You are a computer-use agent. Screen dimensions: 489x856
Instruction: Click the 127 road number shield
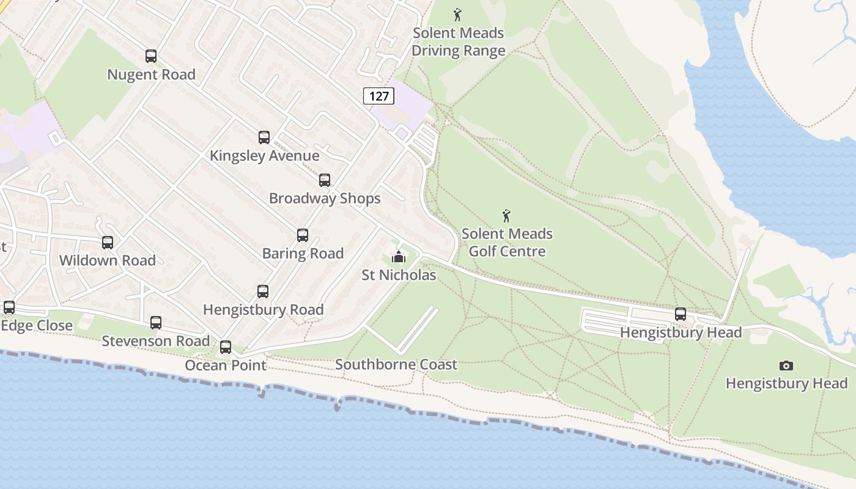[x=379, y=96]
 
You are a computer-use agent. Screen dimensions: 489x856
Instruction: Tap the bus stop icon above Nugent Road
[x=151, y=56]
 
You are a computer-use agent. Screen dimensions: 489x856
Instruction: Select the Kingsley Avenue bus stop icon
[x=264, y=138]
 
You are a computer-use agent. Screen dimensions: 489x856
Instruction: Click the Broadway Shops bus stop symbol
[x=325, y=180]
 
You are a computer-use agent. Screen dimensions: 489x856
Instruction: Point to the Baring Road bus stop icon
[x=303, y=235]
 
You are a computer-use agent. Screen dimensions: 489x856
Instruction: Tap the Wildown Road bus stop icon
[x=108, y=243]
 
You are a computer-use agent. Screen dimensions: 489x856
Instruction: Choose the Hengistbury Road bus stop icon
[x=263, y=292]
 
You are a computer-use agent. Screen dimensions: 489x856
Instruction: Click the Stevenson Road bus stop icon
[x=156, y=323]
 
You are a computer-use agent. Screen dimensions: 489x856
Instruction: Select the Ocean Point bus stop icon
[x=226, y=347]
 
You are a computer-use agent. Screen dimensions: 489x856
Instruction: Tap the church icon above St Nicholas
[x=399, y=257]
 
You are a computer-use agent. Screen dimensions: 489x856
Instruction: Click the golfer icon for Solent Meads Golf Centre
[x=506, y=216]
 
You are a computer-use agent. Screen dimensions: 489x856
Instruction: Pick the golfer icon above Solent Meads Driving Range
[x=457, y=15]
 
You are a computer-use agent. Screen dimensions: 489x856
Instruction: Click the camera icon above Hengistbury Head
[x=786, y=366]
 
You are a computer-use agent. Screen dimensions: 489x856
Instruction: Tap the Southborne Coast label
[x=396, y=365]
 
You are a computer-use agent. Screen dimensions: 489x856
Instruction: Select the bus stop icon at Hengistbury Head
[x=681, y=314]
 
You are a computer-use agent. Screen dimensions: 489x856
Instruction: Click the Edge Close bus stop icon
[x=9, y=307]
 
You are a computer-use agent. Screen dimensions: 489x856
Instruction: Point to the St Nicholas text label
[x=399, y=275]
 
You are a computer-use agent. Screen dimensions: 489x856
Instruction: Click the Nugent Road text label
[x=151, y=75]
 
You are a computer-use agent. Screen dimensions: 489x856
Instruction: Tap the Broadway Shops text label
[x=325, y=199]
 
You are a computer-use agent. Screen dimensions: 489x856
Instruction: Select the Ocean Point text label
[x=226, y=366]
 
